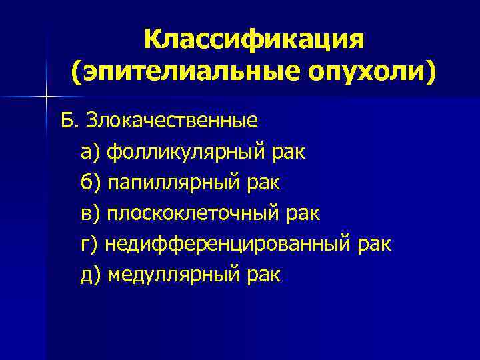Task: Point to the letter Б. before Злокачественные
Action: point(69,122)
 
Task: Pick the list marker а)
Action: point(90,153)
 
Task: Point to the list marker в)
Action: point(90,214)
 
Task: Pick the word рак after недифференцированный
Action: point(375,245)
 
